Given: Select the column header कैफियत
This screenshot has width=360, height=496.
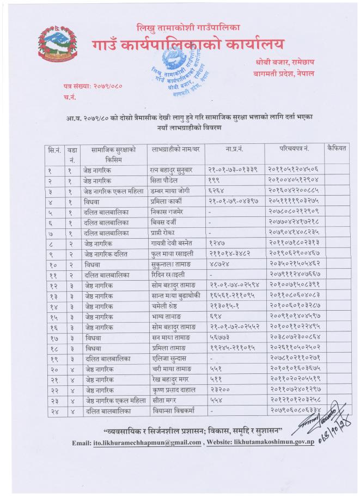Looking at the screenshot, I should click(x=335, y=148).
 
